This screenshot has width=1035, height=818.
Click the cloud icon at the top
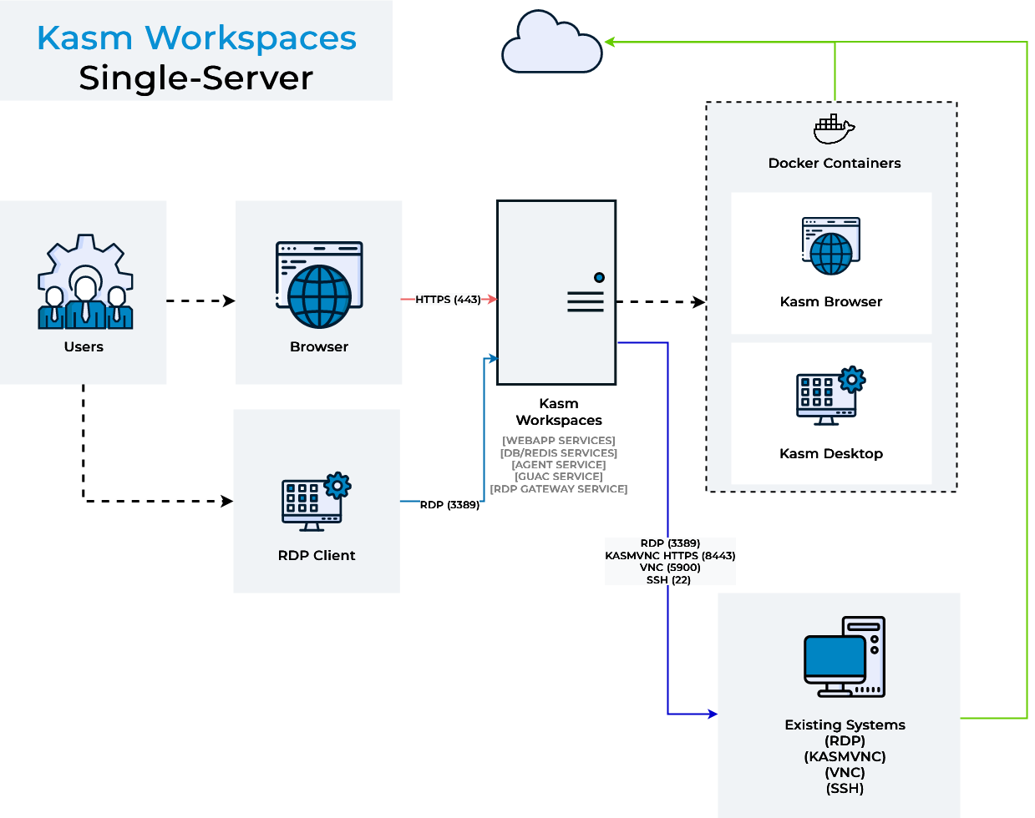tap(551, 43)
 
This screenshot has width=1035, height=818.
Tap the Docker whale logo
tap(834, 129)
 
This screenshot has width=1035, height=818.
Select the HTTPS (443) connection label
tap(448, 300)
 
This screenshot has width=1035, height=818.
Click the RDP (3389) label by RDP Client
tap(449, 505)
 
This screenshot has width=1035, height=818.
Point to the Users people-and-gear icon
tap(84, 283)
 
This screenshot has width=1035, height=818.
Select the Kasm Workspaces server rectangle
tap(556, 292)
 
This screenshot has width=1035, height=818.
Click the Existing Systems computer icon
tap(845, 658)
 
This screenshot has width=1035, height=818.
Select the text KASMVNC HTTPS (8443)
tap(670, 555)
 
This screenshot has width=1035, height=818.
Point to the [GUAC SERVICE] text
tap(559, 477)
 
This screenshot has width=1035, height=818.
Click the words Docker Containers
tap(834, 164)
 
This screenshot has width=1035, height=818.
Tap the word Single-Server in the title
tap(195, 78)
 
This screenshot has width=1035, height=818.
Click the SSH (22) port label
tap(668, 580)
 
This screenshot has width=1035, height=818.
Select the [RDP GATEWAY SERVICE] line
tap(559, 489)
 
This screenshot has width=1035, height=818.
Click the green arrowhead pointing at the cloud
tap(610, 42)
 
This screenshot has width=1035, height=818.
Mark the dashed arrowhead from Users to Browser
tap(229, 300)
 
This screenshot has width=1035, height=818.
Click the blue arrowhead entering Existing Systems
tap(713, 714)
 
